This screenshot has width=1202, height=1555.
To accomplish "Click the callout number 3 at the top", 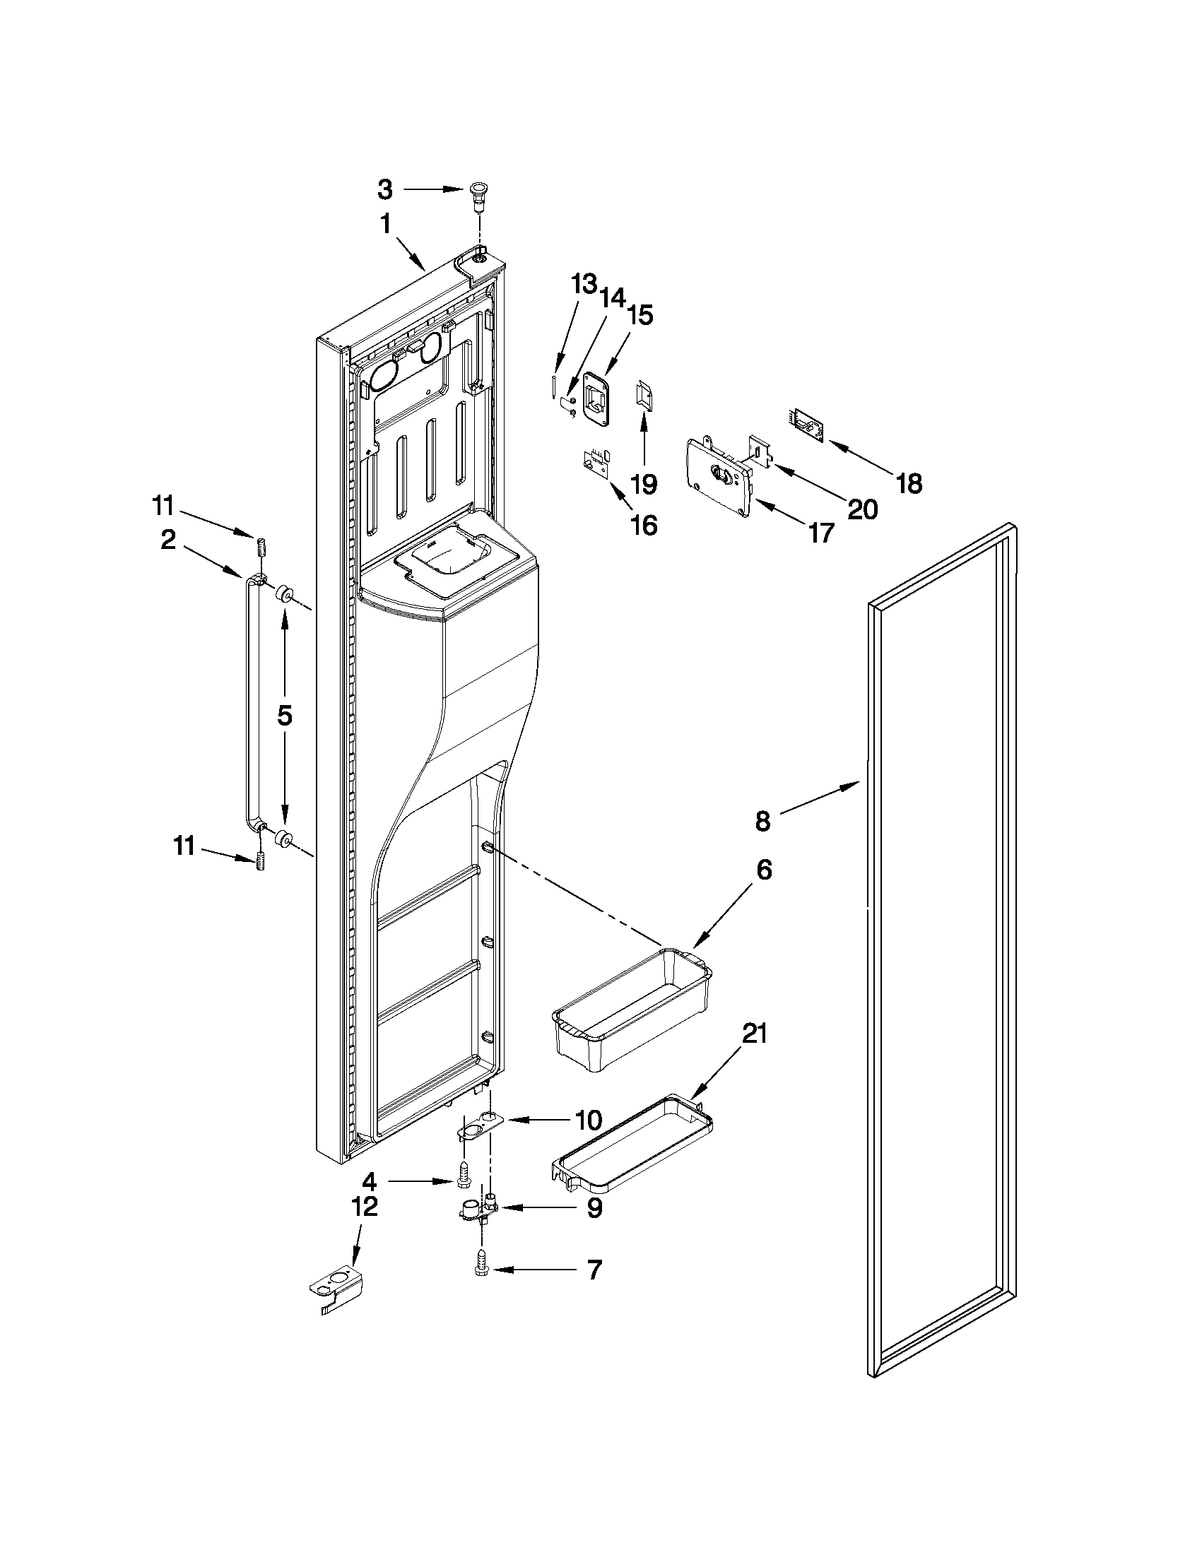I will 384,189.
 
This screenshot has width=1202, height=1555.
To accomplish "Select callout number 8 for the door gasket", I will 762,822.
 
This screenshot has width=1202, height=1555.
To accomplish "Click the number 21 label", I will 754,1033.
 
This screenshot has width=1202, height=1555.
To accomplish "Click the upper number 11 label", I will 163,507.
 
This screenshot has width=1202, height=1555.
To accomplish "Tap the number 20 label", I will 862,509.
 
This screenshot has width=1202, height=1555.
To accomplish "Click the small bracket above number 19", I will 644,395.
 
